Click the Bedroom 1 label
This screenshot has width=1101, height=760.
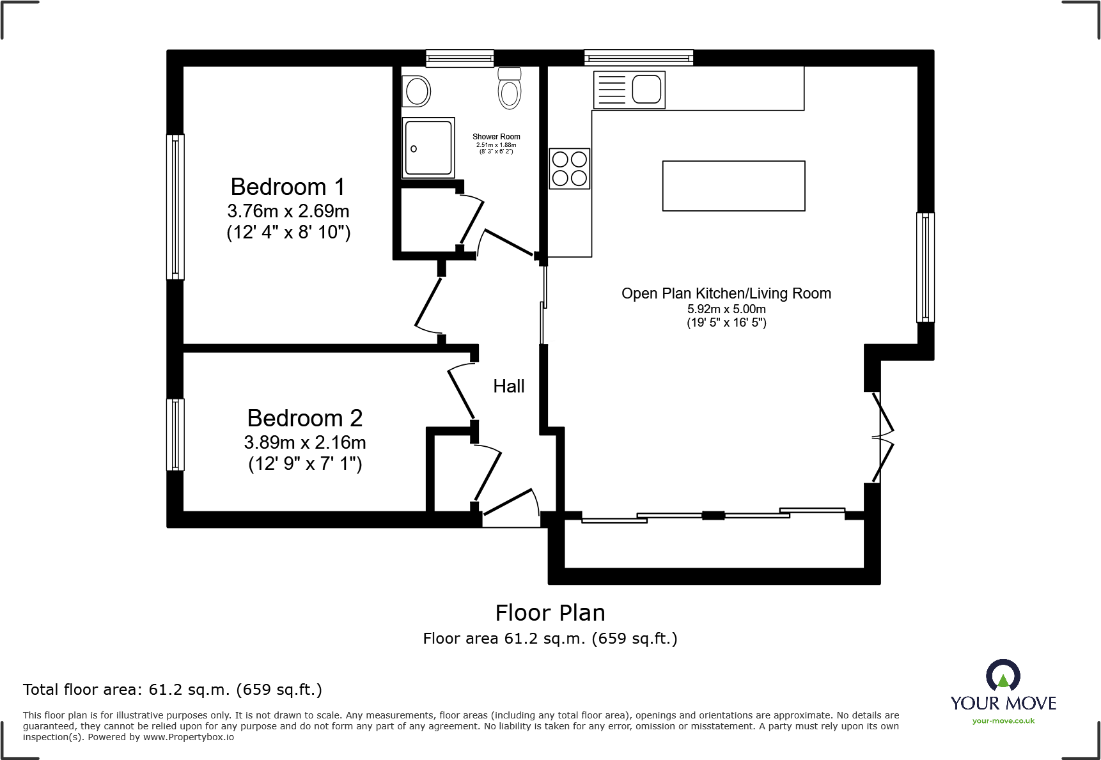click(288, 187)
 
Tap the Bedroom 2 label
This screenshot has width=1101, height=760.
click(304, 419)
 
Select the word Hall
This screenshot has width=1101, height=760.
click(508, 386)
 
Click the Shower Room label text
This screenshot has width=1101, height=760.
click(496, 137)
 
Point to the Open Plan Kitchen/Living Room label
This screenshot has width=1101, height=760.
click(726, 293)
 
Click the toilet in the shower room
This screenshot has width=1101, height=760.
click(510, 89)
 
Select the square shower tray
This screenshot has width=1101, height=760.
click(428, 148)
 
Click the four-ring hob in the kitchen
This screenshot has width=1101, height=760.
click(570, 168)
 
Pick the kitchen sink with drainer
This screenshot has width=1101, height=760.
click(630, 89)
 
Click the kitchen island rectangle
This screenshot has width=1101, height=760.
click(733, 186)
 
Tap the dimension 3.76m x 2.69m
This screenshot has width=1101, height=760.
click(288, 211)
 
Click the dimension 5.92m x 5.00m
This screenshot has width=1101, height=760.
click(726, 309)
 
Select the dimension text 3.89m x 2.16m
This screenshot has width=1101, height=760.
click(304, 442)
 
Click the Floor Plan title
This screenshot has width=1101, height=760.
click(550, 612)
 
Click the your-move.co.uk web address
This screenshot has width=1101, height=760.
click(1003, 721)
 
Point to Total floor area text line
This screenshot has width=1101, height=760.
click(173, 690)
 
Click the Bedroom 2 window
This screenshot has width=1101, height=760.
click(175, 435)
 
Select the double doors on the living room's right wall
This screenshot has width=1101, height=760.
click(882, 438)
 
